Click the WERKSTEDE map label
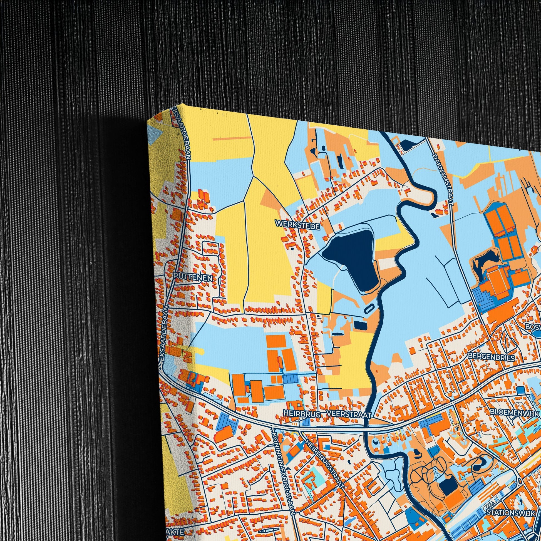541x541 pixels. (297, 225)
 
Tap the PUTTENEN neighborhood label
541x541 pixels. (193, 277)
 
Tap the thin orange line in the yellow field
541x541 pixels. (232, 138)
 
